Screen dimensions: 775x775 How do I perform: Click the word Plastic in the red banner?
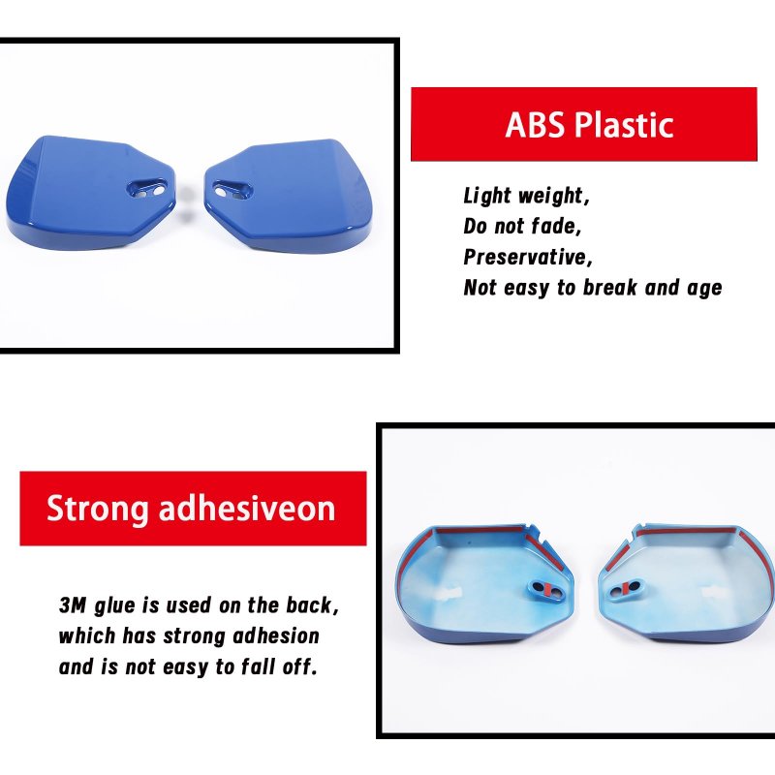[x=624, y=125]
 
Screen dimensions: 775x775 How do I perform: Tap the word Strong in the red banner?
[x=98, y=510]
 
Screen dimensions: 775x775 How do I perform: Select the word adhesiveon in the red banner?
[x=247, y=508]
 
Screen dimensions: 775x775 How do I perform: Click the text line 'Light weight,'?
[x=527, y=197]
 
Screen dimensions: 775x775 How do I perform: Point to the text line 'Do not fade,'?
[x=522, y=227]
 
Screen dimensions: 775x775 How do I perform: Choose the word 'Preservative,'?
[x=528, y=257]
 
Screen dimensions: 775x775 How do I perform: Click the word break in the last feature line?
[x=610, y=287]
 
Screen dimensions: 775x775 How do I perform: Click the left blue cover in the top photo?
[x=90, y=193]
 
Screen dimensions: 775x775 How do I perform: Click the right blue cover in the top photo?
[x=288, y=196]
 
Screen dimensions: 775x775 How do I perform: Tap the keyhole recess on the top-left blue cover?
[x=147, y=189]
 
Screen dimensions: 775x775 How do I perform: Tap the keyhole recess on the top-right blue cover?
[x=232, y=190]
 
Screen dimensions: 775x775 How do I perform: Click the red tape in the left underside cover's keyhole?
[x=547, y=589]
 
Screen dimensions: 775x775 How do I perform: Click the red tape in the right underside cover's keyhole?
[x=625, y=588]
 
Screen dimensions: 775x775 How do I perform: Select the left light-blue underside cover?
[x=484, y=584]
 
